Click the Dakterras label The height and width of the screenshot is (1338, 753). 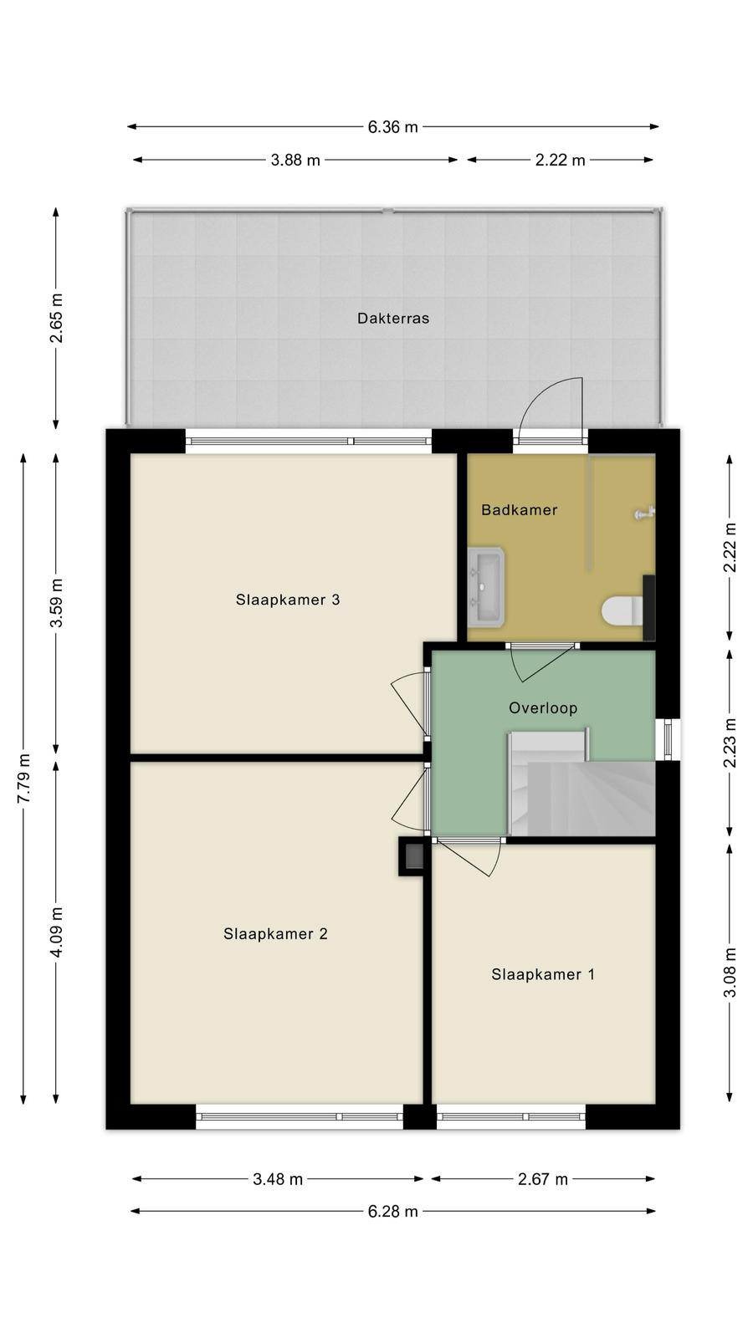393,319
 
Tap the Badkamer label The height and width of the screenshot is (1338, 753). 520,510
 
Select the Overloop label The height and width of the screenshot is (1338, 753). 543,708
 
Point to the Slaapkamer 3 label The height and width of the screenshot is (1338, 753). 288,600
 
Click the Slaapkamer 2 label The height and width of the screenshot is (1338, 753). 275,934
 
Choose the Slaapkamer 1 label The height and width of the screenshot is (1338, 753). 543,975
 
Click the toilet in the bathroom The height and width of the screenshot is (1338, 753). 622,611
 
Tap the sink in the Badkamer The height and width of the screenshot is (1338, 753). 486,587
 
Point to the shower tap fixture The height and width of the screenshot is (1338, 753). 645,513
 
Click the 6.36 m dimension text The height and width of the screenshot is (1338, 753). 392,127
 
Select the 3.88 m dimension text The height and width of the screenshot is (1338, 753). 295,160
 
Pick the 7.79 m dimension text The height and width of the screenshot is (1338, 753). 24,779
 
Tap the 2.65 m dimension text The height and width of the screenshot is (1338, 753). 56,318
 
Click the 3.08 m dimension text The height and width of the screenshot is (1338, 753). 730,973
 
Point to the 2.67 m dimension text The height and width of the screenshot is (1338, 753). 543,1179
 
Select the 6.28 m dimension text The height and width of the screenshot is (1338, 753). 392,1212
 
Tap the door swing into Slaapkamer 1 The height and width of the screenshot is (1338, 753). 469,858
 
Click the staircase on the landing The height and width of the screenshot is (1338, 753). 582,783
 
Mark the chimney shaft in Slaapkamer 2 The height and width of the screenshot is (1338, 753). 412,856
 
